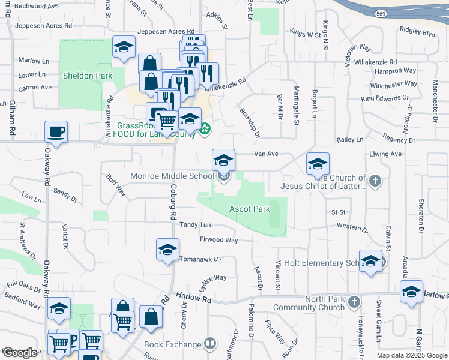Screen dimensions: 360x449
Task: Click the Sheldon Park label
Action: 87,76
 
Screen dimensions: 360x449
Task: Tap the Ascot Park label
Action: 250,209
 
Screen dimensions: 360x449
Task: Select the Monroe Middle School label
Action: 172,176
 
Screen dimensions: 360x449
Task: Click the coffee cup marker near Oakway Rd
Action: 56,131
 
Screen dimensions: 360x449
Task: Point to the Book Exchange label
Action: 172,344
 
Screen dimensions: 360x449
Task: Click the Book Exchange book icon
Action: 209,344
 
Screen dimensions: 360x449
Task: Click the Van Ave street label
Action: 266,154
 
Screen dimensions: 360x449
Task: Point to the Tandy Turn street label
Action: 196,224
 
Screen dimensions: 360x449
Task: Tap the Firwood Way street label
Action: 218,240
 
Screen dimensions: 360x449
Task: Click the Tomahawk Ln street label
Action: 200,259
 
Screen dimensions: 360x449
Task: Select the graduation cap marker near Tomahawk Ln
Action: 167,250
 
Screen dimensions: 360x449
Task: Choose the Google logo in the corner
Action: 19,353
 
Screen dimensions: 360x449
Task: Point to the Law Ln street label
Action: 31,196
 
